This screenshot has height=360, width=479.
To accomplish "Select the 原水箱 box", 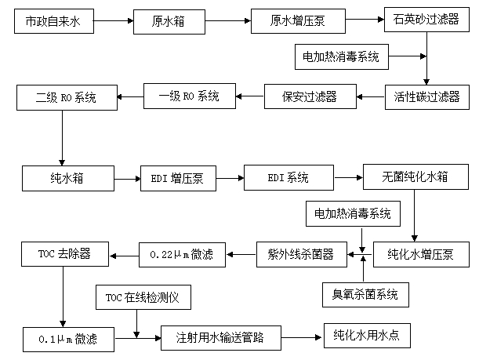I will pyautogui.click(x=169, y=22).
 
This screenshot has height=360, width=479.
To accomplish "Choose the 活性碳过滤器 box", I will pyautogui.click(x=426, y=97).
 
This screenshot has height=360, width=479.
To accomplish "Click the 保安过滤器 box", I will pyautogui.click(x=310, y=97).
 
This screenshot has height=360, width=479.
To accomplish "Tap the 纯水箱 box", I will pyautogui.click(x=68, y=178).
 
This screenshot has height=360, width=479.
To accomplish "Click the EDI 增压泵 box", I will pyautogui.click(x=180, y=178).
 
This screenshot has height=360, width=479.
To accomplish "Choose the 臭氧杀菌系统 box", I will pyautogui.click(x=365, y=295).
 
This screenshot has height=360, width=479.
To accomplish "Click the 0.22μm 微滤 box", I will pyautogui.click(x=181, y=253).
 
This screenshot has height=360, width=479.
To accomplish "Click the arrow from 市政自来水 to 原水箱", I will pyautogui.click(x=114, y=22).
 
